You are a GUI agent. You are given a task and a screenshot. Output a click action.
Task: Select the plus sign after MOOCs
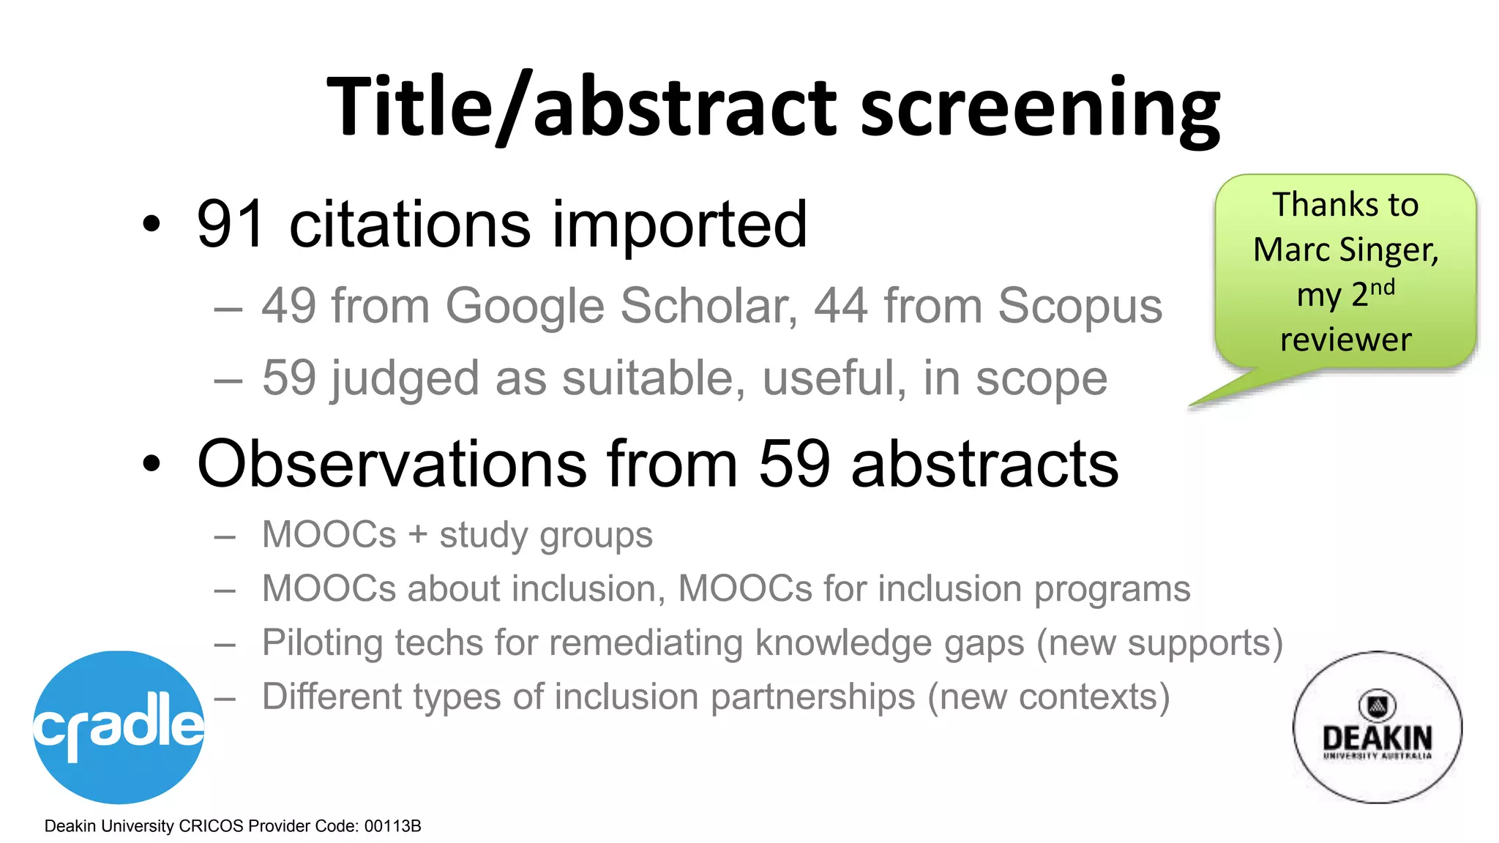[418, 535]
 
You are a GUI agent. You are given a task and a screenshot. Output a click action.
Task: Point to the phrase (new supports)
[1159, 643]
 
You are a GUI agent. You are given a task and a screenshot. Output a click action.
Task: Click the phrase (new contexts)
[1048, 697]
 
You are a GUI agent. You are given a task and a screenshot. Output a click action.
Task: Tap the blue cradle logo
[119, 726]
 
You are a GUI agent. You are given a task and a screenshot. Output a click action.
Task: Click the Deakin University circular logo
[1377, 727]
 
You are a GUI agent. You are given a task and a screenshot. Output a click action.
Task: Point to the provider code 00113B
[392, 826]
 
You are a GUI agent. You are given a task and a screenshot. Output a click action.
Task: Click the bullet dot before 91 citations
[151, 225]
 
